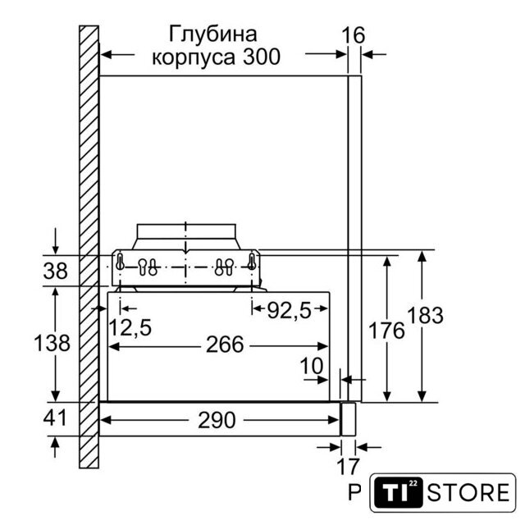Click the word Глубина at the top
point(213,34)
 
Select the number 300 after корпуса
point(262,57)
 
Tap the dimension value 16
point(354,35)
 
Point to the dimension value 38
point(55,271)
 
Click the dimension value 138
point(52,343)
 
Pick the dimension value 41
point(55,418)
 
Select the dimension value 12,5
point(130,327)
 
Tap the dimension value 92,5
point(290,311)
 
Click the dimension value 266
point(225,345)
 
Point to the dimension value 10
point(312,366)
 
